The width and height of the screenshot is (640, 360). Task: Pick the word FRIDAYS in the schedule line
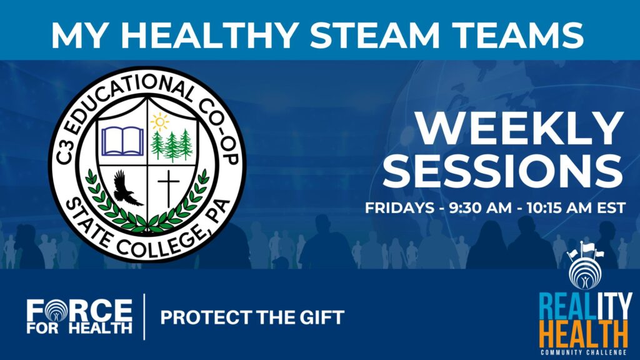pos(399,207)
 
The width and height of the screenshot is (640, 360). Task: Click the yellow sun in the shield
pos(159,122)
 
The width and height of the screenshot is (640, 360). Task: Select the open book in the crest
pos(123,142)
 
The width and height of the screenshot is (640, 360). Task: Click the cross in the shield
pos(169,189)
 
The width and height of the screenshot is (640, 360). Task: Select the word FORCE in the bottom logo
pos(79,311)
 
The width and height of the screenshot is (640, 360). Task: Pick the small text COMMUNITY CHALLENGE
pos(583,352)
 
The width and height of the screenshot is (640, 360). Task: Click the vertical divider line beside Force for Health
pos(144,316)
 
